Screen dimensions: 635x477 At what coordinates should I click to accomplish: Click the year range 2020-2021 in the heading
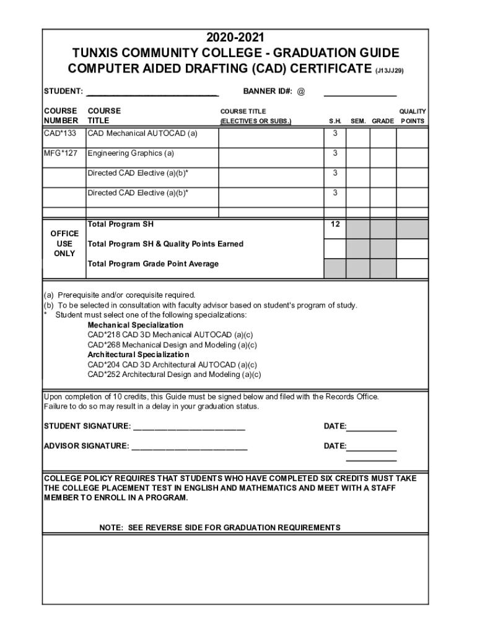pyautogui.click(x=239, y=38)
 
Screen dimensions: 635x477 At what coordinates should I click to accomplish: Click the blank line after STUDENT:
pyautogui.click(x=152, y=92)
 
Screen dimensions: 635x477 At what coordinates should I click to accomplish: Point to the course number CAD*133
pyautogui.click(x=60, y=133)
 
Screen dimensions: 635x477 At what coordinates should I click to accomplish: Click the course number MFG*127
pyautogui.click(x=61, y=153)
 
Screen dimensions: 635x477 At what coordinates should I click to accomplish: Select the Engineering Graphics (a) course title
pyautogui.click(x=131, y=153)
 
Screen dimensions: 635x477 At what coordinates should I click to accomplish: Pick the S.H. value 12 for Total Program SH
pyautogui.click(x=335, y=224)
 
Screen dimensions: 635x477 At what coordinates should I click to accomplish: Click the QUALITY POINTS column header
pyautogui.click(x=412, y=116)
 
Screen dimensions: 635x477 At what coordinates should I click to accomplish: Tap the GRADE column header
pyautogui.click(x=382, y=121)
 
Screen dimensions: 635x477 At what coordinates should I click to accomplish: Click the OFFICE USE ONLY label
pyautogui.click(x=64, y=244)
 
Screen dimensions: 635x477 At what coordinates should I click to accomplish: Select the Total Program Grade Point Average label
pyautogui.click(x=153, y=264)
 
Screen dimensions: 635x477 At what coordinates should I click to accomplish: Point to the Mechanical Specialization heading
pyautogui.click(x=135, y=325)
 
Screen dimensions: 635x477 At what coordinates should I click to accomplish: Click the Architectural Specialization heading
pyautogui.click(x=138, y=355)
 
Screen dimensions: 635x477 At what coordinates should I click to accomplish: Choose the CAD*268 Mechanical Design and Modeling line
pyautogui.click(x=172, y=345)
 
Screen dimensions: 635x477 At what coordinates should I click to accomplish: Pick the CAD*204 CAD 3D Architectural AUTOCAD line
pyautogui.click(x=172, y=365)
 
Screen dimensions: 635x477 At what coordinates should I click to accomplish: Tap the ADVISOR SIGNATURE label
pyautogui.click(x=86, y=446)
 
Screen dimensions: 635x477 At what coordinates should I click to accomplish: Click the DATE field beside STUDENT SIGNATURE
pyautogui.click(x=372, y=427)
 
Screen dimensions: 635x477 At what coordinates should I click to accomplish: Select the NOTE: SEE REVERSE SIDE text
pyautogui.click(x=220, y=528)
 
